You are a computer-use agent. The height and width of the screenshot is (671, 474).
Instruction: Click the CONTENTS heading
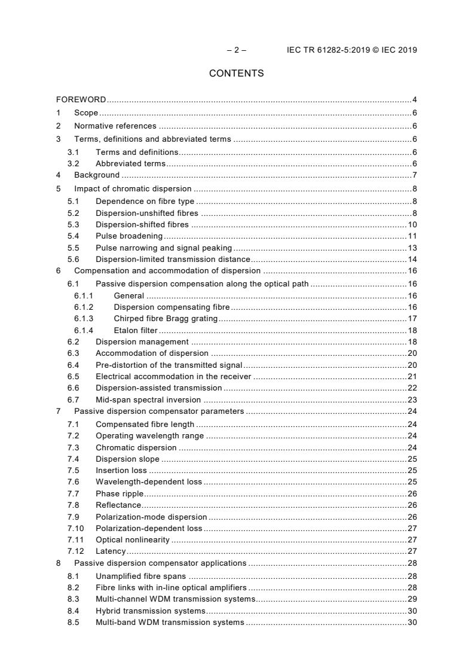click(236, 74)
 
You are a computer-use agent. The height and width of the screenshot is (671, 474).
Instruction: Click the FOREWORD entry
click(81, 100)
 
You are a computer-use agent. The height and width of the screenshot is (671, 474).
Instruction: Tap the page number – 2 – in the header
click(237, 50)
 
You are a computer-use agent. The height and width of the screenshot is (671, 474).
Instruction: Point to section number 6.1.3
click(84, 319)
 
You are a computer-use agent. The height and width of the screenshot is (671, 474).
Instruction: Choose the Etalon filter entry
click(136, 330)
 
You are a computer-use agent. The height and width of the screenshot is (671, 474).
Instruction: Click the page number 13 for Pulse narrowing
click(412, 248)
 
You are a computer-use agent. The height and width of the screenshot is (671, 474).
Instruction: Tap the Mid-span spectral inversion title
click(148, 399)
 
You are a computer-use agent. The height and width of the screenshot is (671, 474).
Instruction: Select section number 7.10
click(75, 528)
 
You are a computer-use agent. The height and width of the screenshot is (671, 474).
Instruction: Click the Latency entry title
click(111, 551)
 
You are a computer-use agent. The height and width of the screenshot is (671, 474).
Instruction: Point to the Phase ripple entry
click(120, 493)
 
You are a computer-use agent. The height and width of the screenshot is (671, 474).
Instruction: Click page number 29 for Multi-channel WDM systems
click(412, 599)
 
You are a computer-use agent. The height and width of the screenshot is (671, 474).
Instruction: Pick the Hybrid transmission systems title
click(151, 611)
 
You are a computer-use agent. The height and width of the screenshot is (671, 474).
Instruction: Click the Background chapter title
click(97, 175)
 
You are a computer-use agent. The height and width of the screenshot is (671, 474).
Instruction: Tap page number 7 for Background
click(414, 175)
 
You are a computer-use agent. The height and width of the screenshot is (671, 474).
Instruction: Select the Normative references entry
click(115, 126)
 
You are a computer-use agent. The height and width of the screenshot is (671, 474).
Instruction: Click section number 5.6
click(73, 259)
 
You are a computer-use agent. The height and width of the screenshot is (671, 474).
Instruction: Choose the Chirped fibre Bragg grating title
click(166, 319)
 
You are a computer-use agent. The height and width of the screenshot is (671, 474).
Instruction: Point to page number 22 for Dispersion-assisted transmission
click(412, 388)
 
